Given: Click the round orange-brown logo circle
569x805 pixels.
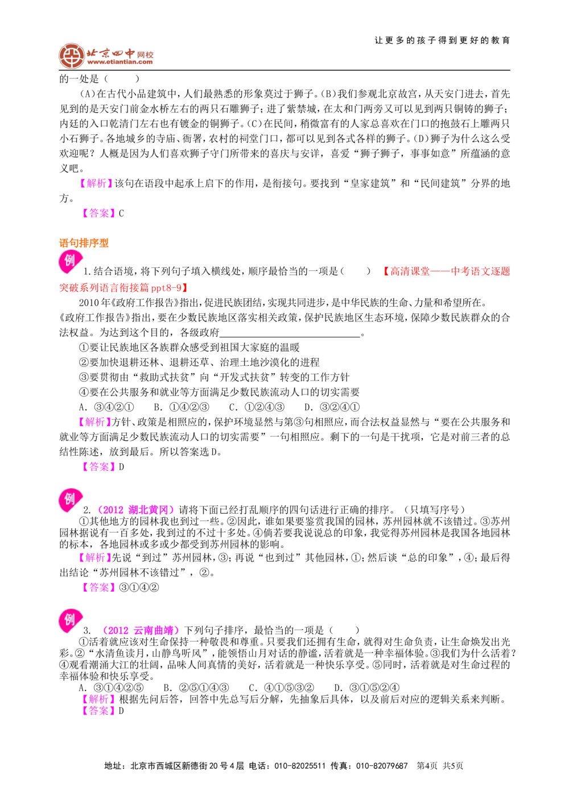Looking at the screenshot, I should (71, 56).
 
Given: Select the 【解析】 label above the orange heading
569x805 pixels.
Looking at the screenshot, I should (96, 184).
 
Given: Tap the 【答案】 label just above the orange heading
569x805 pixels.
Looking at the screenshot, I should (100, 213).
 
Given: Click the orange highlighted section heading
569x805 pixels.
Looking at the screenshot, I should (84, 243).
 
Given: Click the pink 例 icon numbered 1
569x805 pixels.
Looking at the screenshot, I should (69, 262).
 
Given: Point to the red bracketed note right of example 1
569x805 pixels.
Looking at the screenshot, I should (447, 271).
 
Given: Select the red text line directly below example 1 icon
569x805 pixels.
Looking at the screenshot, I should (123, 288).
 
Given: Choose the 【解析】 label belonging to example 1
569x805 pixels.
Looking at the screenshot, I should (94, 422).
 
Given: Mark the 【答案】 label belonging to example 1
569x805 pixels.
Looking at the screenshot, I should (100, 467).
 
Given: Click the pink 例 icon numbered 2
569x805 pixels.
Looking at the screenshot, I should (69, 501).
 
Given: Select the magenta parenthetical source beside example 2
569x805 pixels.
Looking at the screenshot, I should (136, 510).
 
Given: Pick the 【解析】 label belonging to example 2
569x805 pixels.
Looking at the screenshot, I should (94, 558).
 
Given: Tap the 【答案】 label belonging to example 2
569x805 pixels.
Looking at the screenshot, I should (100, 588).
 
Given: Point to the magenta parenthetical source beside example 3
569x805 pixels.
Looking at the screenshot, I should (141, 631).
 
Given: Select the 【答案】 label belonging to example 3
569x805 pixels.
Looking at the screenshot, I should (100, 711).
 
